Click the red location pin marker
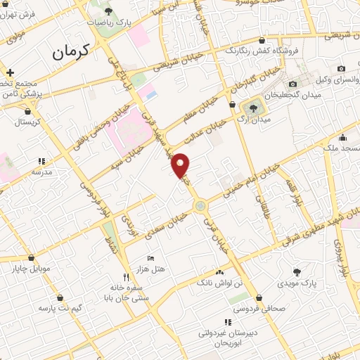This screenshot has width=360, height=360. click(181, 164)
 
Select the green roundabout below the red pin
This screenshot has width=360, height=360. click(201, 206)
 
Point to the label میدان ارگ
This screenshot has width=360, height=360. click(252, 120)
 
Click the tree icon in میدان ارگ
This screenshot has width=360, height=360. click(252, 108)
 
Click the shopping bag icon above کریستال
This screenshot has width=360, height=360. click(27, 110)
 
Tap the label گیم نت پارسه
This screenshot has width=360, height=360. click(60, 308)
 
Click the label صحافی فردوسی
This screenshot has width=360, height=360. click(259, 308)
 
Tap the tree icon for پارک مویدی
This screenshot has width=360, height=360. click(297, 272)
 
